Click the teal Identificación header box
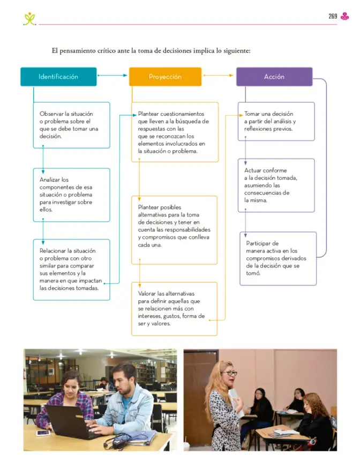(58, 77)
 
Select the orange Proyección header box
(166, 77)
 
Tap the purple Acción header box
(274, 77)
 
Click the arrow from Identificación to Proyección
(112, 75)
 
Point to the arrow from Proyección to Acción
(218, 75)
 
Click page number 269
(333, 17)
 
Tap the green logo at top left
(29, 19)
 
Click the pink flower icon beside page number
(344, 17)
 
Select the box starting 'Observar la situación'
(71, 125)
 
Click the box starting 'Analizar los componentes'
(71, 195)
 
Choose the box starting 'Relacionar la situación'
(71, 270)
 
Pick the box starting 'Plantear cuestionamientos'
(175, 132)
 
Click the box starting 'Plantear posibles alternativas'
(175, 230)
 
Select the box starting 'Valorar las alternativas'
(175, 309)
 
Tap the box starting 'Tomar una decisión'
(276, 122)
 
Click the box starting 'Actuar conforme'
(276, 185)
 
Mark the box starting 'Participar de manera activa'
(278, 259)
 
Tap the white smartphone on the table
(43, 433)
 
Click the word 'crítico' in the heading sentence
(106, 50)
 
